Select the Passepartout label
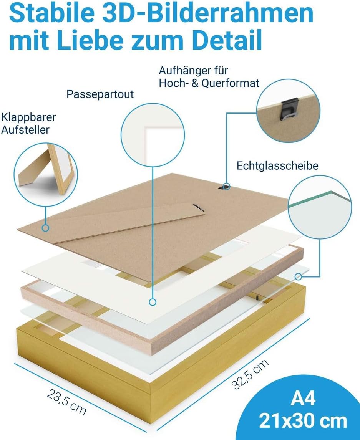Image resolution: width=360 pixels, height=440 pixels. pyautogui.click(x=100, y=94)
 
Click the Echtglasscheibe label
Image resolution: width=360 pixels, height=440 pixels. pyautogui.click(x=277, y=165)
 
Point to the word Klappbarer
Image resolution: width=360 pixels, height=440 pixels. pyautogui.click(x=28, y=117)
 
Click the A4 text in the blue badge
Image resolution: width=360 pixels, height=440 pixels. pyautogui.click(x=303, y=398)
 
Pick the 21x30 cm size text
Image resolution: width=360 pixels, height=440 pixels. pyautogui.click(x=303, y=421)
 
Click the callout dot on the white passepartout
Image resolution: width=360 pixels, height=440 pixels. pyautogui.click(x=153, y=302)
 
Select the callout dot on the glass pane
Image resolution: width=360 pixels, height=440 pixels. pyautogui.click(x=298, y=277)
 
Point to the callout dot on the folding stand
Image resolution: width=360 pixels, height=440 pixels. pyautogui.click(x=45, y=228)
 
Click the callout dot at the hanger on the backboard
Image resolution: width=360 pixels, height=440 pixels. pyautogui.click(x=227, y=186)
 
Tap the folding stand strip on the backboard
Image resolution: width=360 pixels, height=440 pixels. pyautogui.click(x=129, y=223)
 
